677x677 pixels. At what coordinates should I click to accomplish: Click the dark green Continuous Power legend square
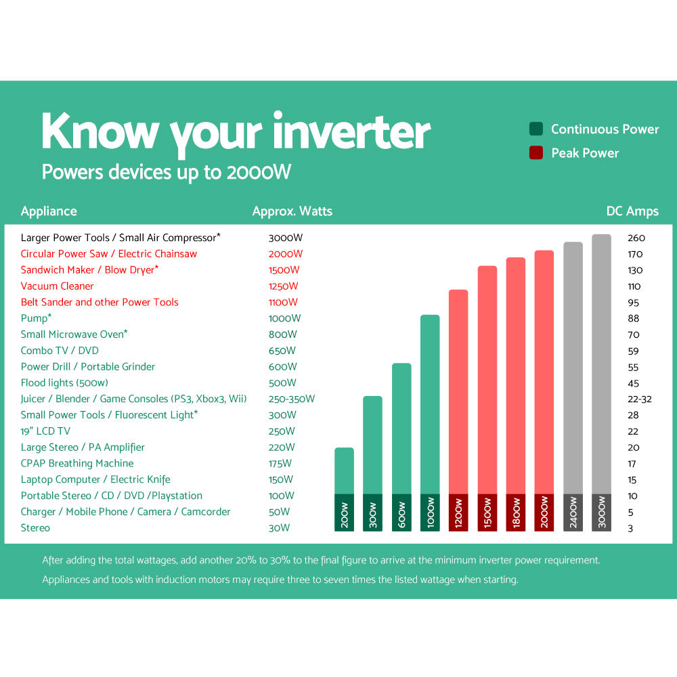point(536,129)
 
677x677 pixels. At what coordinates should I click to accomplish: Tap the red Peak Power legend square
point(536,152)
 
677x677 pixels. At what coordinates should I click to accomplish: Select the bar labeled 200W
point(344,489)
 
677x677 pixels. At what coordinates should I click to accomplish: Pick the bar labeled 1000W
point(430,422)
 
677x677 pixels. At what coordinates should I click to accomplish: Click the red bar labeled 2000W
point(544,391)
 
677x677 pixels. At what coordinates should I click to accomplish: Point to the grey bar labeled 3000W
point(601,383)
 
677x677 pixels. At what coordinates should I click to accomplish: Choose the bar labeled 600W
point(401,447)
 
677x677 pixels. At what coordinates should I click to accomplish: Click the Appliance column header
point(49,211)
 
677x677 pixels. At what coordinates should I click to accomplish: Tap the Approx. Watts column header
point(292,211)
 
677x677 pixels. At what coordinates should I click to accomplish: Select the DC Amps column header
point(632,211)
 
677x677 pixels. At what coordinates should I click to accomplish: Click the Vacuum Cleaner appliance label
point(57,286)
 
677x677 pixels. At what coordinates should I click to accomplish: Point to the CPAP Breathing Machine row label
point(77,463)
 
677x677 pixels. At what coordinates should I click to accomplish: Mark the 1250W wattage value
point(283,286)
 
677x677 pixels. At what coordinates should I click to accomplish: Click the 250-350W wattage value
point(291,399)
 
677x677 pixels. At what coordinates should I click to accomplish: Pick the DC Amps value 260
point(636,238)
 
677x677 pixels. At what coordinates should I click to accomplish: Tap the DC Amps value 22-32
point(640,399)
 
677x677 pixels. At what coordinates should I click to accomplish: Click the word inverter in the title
point(352,131)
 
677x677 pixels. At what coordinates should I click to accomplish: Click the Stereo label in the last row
point(35,527)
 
